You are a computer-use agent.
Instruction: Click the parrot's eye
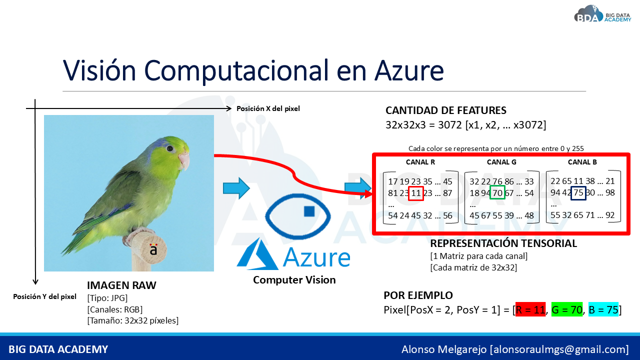[x=170, y=148]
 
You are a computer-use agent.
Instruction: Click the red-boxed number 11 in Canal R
[x=415, y=193]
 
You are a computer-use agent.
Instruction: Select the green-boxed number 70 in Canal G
[x=497, y=192]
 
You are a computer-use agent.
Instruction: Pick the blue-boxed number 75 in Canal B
[x=578, y=193]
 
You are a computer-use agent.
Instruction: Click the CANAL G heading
[x=501, y=162]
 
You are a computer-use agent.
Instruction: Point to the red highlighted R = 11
[x=530, y=309]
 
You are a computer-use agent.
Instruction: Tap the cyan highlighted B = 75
[x=603, y=309]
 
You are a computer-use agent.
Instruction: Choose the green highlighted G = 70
[x=567, y=309]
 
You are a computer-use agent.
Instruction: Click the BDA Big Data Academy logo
[x=602, y=14]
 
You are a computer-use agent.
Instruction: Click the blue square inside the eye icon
[x=309, y=211]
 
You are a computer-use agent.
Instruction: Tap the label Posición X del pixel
[x=268, y=108]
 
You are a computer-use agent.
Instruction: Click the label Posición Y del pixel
[x=44, y=296]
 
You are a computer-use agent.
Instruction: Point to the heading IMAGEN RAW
[x=121, y=285]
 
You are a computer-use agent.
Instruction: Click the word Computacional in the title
[x=236, y=71]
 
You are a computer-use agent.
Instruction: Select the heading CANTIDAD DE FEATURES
[x=445, y=110]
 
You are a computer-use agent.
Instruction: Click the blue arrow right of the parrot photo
[x=236, y=188]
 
